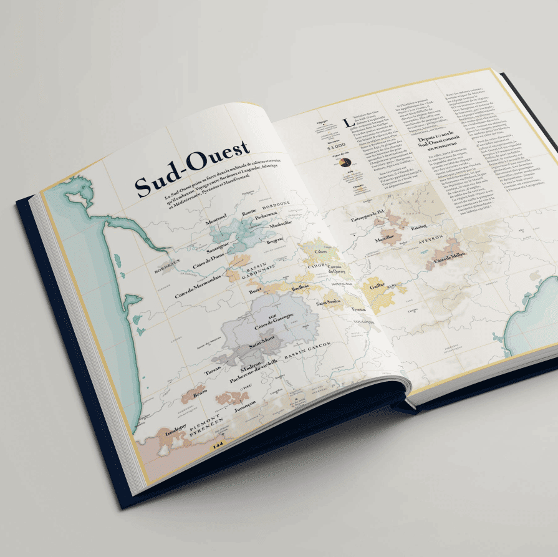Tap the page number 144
point(218,445)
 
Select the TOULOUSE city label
point(363,323)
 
